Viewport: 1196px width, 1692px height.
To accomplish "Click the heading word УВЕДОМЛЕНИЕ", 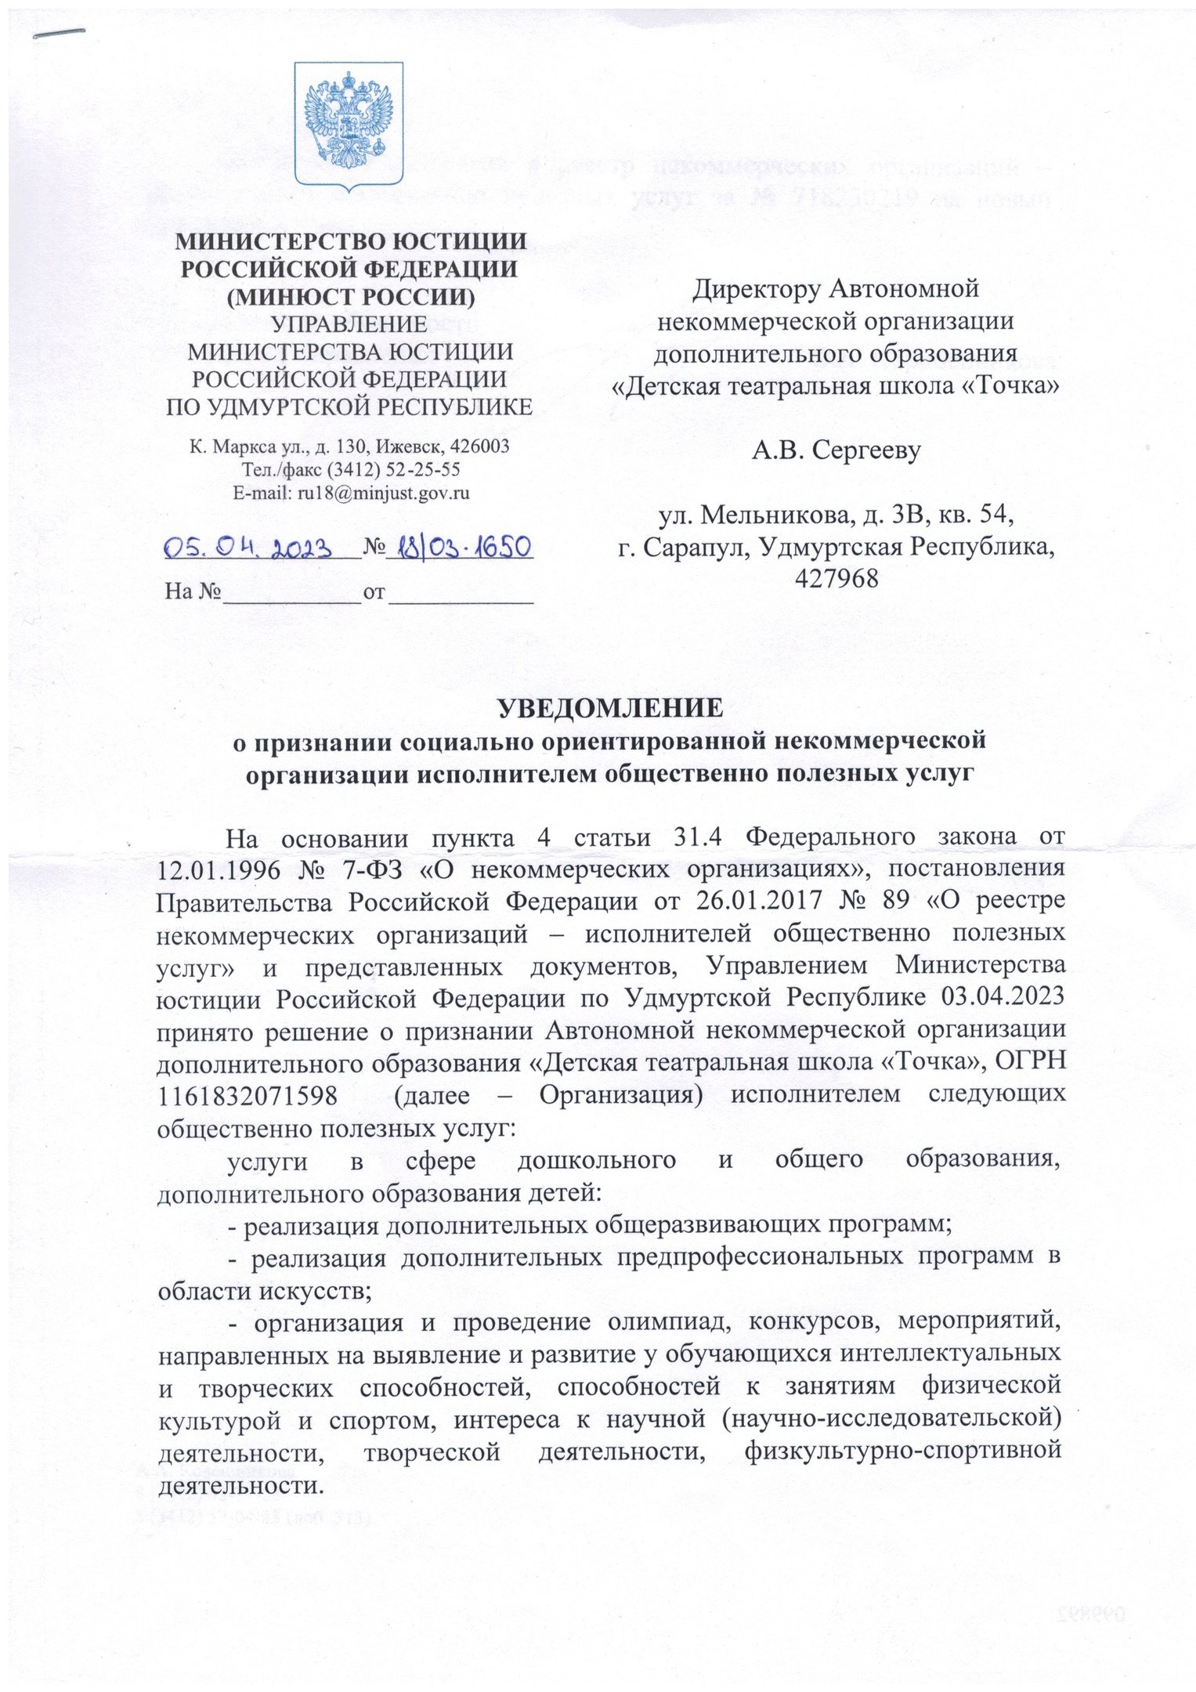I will pyautogui.click(x=610, y=707).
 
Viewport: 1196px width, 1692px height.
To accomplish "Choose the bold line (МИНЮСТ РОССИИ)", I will pyautogui.click(x=349, y=296).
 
